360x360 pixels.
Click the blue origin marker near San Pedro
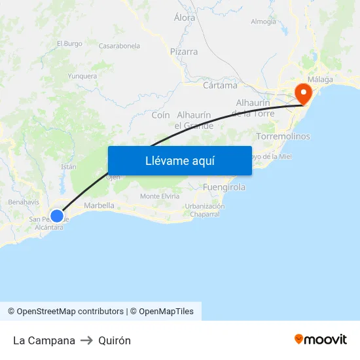pos(57,215)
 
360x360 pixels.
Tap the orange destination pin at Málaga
pos(303,92)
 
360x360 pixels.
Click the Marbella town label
pos(99,206)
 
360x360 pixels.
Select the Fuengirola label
pos(224,187)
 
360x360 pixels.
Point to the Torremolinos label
pos(283,136)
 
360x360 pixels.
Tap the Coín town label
pos(160,115)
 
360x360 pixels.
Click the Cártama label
pos(220,86)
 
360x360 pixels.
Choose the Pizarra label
pos(183,51)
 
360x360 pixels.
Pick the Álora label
pos(185,18)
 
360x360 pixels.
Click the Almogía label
pos(263,22)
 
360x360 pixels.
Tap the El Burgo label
pos(69,44)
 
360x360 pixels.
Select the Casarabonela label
pos(119,46)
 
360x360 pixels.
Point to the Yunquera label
pos(82,76)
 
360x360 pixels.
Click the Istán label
pos(69,167)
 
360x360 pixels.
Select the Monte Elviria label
pos(160,196)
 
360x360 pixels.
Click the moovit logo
pos(321,339)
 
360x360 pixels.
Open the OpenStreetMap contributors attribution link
pos(65,312)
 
